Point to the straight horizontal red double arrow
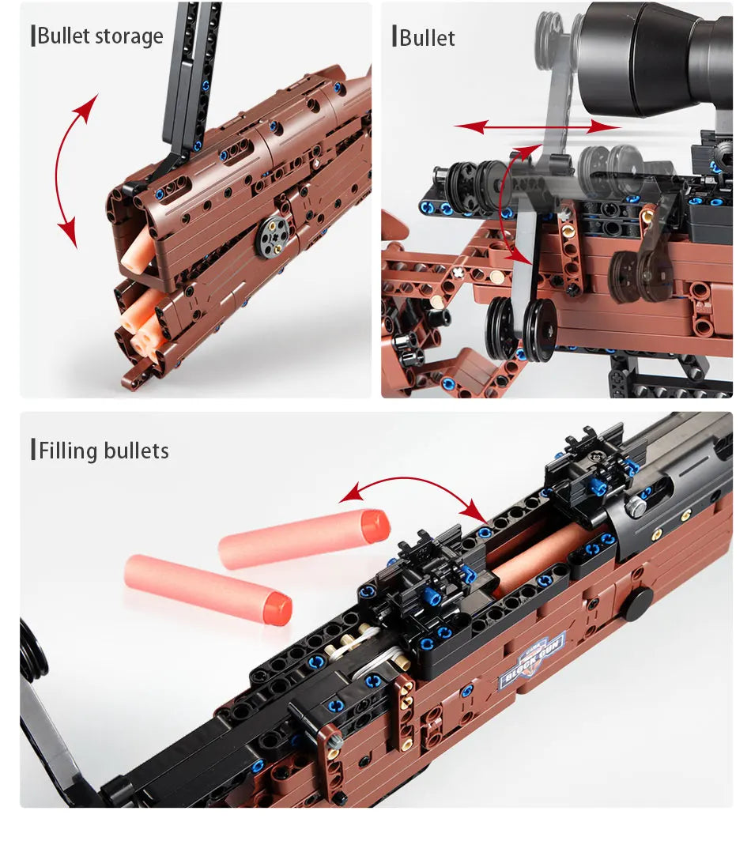(538, 126)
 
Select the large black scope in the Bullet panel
(656, 55)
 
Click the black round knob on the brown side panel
(636, 604)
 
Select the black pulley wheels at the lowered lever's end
(521, 330)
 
